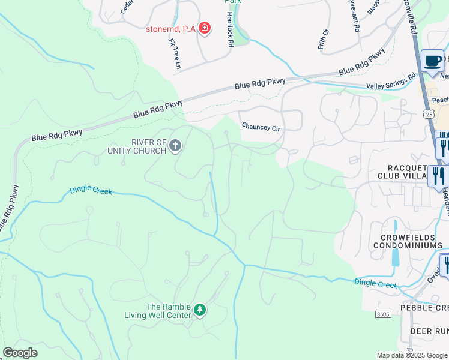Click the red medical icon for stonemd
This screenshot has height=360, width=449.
click(x=205, y=28)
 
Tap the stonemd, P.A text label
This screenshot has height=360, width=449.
click(x=170, y=28)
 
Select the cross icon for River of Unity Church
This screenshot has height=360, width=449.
click(x=175, y=146)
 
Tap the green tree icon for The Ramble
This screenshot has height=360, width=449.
click(x=200, y=310)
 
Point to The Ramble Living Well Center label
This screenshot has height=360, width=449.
click(x=158, y=310)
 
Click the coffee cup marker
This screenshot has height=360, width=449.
click(x=432, y=61)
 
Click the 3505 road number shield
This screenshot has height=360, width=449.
click(x=384, y=314)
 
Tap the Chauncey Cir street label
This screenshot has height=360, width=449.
click(x=261, y=127)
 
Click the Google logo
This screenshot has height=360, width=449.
click(x=20, y=353)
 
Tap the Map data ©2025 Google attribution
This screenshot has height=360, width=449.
click(x=411, y=355)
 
